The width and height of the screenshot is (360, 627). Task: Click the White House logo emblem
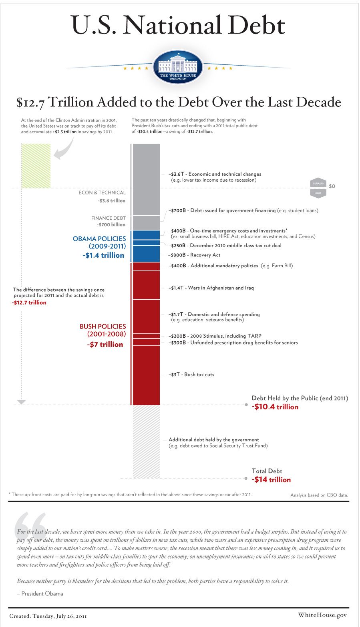coord(178,68)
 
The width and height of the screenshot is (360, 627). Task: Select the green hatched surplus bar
coord(36,166)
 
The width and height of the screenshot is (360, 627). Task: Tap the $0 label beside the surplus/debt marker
coord(332,186)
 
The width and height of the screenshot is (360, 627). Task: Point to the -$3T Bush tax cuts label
coord(191,375)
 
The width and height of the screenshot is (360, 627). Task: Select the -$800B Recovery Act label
coord(195,255)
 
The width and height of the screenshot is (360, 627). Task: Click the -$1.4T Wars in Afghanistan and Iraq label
coord(211,288)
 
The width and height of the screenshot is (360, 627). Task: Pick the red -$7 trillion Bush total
coord(105,344)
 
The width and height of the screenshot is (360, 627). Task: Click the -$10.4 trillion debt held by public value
coord(275,407)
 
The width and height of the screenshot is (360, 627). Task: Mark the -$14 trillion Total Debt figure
coord(271,479)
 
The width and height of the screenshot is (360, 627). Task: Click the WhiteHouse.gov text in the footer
coord(322,615)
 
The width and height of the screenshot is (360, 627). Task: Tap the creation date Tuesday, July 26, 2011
coord(48,615)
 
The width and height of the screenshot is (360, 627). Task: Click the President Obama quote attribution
coord(40,593)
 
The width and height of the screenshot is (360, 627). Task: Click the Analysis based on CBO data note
coord(319,495)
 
